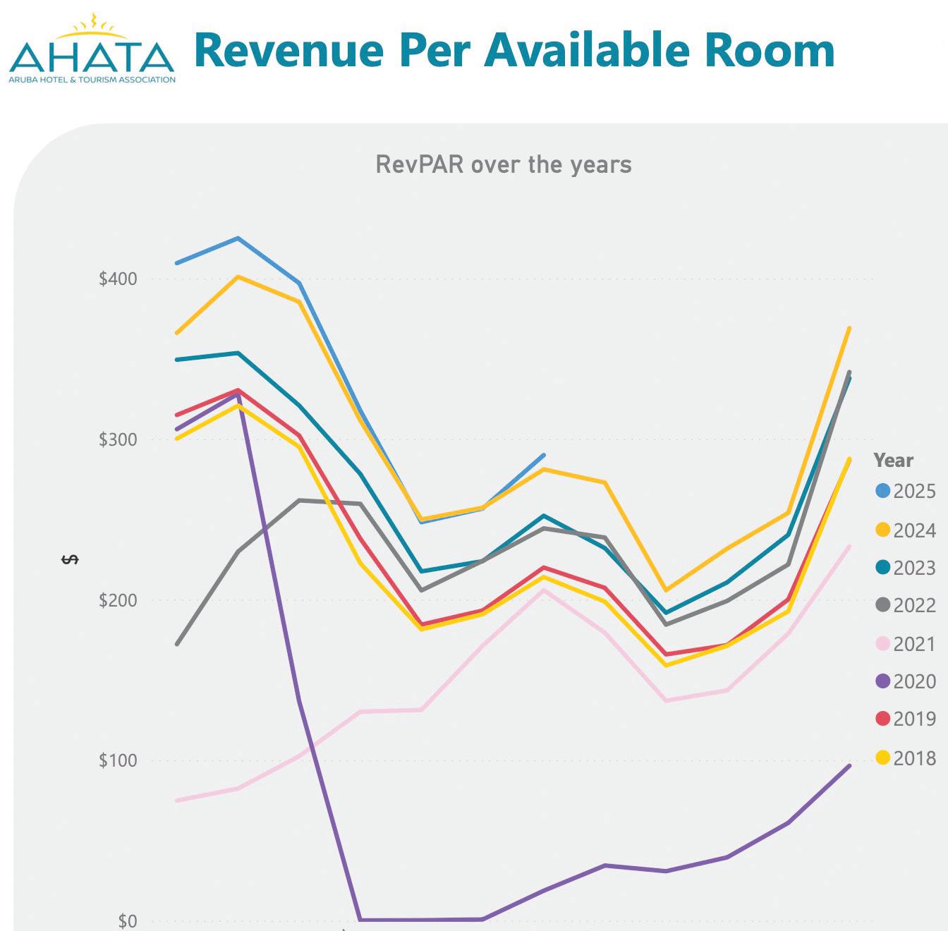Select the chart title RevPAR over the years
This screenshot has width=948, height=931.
[x=503, y=164]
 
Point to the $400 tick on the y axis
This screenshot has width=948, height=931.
[x=118, y=279]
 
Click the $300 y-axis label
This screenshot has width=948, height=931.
[x=118, y=439]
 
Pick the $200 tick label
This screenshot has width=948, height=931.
[x=118, y=600]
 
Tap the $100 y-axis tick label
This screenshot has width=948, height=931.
[x=118, y=760]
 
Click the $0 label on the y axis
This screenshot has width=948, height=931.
[x=127, y=920]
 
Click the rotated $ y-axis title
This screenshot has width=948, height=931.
[x=70, y=559]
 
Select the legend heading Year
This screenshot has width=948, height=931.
[x=893, y=461]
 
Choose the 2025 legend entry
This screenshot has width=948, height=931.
[x=906, y=491]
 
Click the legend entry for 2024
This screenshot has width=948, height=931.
[x=906, y=530]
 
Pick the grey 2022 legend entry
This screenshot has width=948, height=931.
[x=906, y=605]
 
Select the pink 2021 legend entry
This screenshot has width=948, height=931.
[x=906, y=644]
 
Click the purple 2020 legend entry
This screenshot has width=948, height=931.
[x=906, y=681]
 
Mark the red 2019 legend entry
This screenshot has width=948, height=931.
[x=906, y=719]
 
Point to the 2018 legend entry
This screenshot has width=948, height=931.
[x=906, y=758]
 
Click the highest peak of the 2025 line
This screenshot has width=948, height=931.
[x=238, y=238]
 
